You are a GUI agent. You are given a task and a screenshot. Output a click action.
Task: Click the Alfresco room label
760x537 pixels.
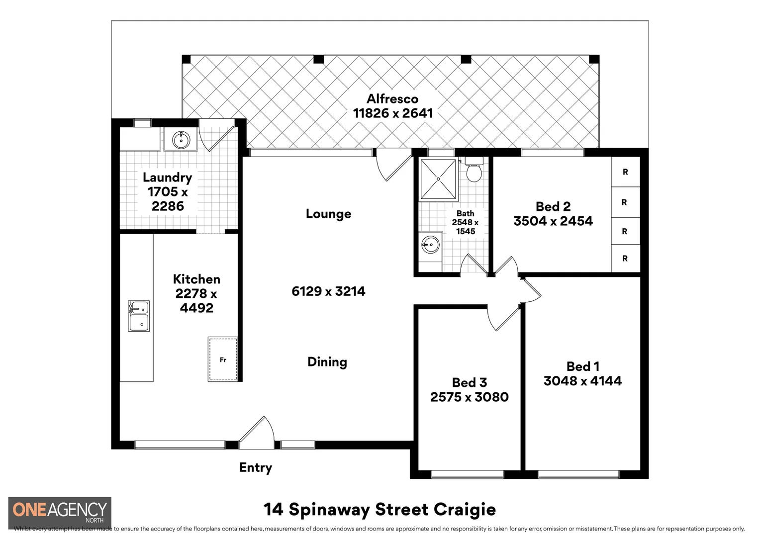click(392, 98)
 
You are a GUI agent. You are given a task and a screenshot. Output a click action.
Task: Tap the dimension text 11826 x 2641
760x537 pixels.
click(392, 113)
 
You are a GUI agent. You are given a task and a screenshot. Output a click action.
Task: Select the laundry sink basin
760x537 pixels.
click(181, 140)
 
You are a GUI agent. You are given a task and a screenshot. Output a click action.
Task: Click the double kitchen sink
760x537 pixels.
click(139, 316)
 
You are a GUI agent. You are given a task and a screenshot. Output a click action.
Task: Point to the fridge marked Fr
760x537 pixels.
click(222, 359)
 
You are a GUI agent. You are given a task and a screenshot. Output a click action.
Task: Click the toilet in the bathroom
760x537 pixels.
click(474, 171)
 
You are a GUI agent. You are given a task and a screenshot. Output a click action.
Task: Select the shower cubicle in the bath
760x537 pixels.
click(438, 179)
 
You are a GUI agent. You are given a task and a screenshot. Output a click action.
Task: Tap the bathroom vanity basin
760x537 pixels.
click(430, 244)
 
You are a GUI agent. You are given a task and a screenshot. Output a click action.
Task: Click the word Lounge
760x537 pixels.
click(328, 214)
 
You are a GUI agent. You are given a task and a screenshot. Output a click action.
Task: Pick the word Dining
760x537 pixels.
click(327, 362)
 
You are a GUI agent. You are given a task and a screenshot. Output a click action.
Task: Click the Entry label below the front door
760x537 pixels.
click(255, 467)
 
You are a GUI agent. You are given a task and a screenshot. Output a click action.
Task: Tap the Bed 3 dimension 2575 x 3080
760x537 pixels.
click(469, 397)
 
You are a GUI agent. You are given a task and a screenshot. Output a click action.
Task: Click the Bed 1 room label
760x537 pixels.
click(582, 366)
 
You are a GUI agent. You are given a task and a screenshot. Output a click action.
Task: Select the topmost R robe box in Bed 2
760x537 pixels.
click(625, 172)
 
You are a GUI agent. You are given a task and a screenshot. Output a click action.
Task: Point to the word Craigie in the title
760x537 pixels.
click(465, 510)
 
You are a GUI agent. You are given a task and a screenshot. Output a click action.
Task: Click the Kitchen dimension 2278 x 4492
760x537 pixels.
click(196, 301)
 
